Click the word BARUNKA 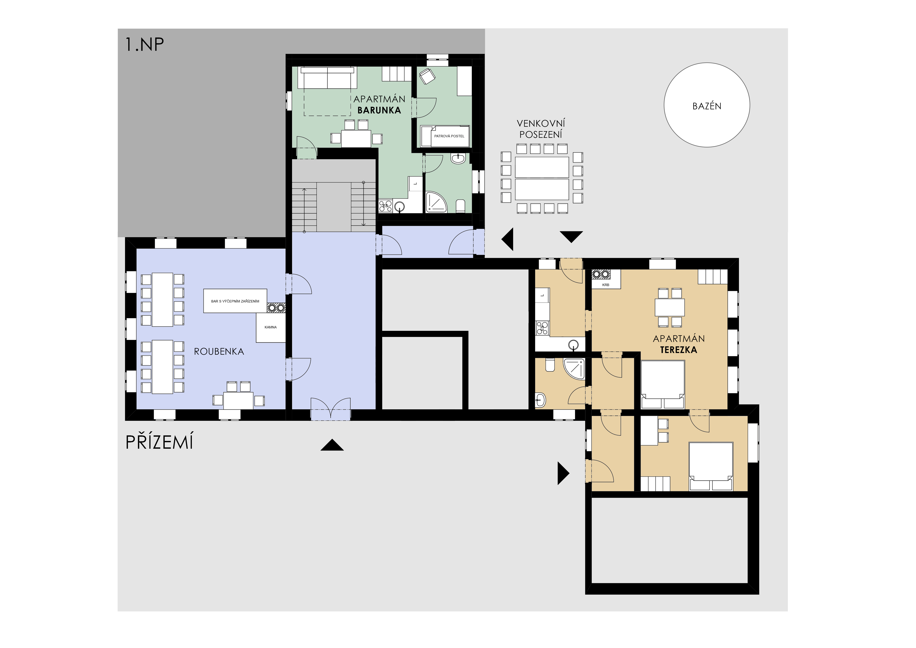(x=379, y=110)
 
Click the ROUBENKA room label (x=219, y=352)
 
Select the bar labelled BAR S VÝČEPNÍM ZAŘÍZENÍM (x=235, y=301)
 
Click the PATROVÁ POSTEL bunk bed (x=445, y=136)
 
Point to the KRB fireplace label (x=606, y=285)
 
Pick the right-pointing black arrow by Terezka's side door (x=563, y=473)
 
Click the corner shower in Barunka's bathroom (x=436, y=202)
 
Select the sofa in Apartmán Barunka (x=328, y=78)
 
